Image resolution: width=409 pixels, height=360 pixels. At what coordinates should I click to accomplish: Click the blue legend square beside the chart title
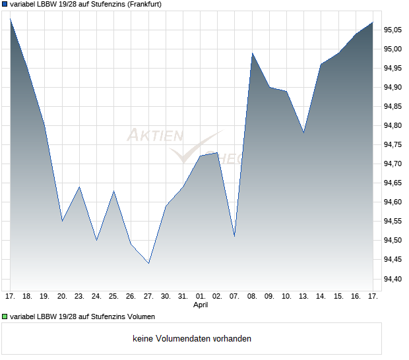5,5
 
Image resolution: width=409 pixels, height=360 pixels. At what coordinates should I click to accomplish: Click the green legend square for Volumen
5,316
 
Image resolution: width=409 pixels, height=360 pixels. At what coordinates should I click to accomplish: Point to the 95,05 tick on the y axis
394,30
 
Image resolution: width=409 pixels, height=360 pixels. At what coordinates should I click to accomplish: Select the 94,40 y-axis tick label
394,279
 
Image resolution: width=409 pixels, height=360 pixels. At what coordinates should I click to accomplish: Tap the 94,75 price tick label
394,144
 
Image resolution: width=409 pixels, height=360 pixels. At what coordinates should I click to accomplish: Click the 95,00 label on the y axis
394,49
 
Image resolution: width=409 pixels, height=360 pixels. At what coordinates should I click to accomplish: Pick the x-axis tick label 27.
148,296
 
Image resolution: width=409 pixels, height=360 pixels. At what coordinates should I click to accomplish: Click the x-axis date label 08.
252,296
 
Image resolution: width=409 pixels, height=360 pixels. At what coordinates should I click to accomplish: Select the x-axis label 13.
303,296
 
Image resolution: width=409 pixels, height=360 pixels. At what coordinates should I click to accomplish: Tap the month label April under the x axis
201,305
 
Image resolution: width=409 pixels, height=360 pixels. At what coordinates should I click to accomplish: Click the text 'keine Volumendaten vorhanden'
192,339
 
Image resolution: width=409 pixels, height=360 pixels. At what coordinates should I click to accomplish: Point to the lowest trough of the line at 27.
148,263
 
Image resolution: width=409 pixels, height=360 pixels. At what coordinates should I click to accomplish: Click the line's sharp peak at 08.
252,53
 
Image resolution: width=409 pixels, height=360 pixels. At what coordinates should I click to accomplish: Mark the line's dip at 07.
234,235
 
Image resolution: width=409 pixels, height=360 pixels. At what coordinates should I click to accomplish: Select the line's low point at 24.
96,240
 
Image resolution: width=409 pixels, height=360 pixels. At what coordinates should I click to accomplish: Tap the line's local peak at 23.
79,187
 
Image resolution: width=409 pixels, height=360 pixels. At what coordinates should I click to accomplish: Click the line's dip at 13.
303,133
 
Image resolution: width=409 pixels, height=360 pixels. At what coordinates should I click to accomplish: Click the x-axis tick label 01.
201,296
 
